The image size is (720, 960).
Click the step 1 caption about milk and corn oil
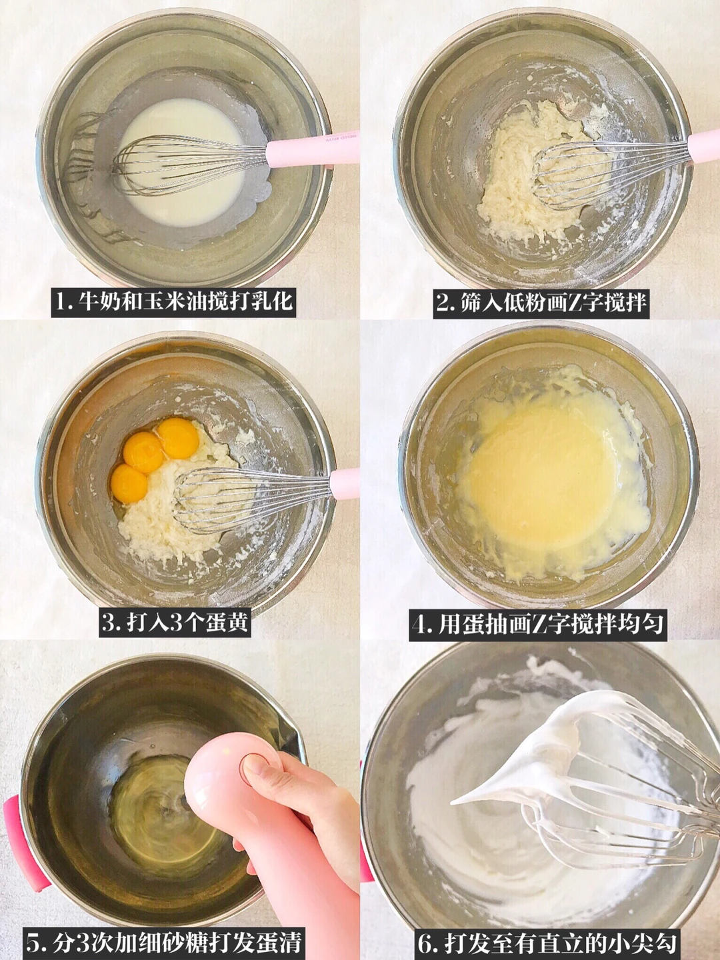(173, 301)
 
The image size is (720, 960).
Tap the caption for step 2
(541, 302)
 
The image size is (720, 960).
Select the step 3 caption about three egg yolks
(175, 622)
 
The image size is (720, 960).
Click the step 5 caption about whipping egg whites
(163, 942)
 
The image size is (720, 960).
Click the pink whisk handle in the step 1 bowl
(313, 149)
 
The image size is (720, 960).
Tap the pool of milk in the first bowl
(181, 162)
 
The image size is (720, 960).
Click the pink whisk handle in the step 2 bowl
(704, 147)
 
